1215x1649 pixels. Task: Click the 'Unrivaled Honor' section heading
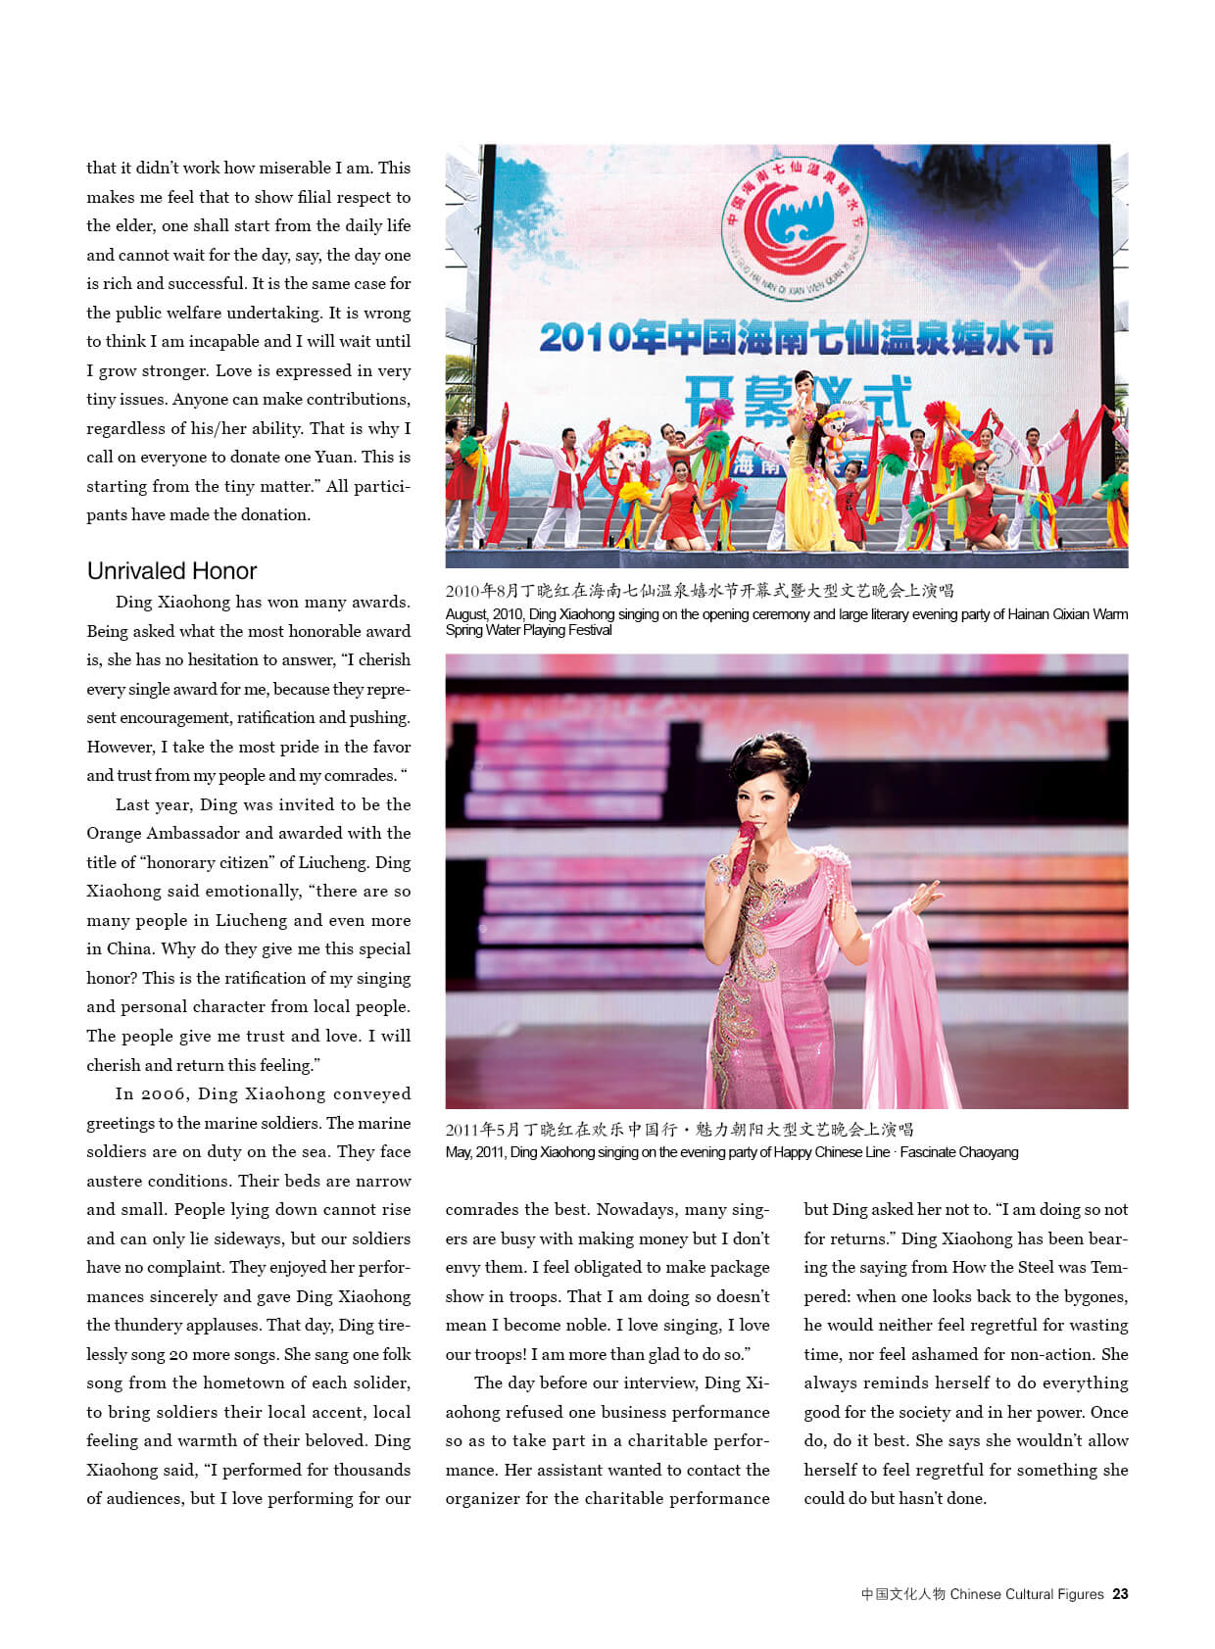[x=171, y=571]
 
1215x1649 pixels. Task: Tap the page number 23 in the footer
[x=1120, y=1594]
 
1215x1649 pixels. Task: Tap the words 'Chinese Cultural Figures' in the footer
[x=1027, y=1594]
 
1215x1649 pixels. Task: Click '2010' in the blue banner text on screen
[x=584, y=338]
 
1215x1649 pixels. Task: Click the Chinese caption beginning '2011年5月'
[x=679, y=1130]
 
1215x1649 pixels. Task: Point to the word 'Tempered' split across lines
[x=1109, y=1268]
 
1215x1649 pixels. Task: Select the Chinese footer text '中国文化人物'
[x=902, y=1594]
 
